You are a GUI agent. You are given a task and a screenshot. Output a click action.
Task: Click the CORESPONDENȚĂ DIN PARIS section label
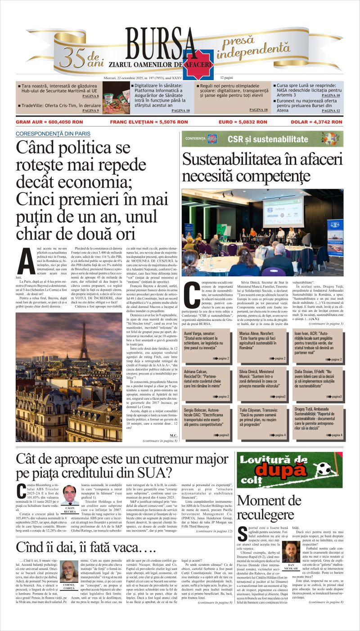tap(53, 134)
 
